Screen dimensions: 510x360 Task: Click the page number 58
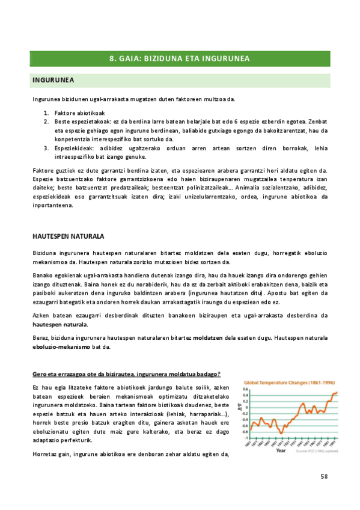point(324,476)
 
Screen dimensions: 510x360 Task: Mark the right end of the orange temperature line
point(337,392)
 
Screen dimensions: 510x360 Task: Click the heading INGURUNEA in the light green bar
point(53,80)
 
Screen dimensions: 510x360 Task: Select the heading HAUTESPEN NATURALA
point(68,236)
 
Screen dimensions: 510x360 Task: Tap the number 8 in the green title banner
point(112,58)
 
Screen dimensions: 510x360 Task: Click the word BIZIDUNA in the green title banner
point(160,58)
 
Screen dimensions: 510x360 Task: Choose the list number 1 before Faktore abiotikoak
point(46,113)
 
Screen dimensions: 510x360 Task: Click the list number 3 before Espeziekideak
point(46,147)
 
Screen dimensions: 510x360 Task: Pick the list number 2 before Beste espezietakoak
point(46,121)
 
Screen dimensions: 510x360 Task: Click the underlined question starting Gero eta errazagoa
point(126,374)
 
